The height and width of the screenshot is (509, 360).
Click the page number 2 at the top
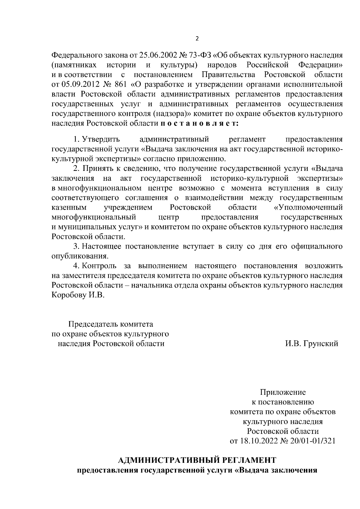pyautogui.click(x=197, y=39)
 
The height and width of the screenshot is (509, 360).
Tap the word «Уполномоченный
pyautogui.click(x=308, y=207)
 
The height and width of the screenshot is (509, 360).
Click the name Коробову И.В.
pyautogui.click(x=78, y=295)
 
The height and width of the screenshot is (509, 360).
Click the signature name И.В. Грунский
pyautogui.click(x=311, y=344)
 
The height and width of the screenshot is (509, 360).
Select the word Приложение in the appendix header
pyautogui.click(x=283, y=392)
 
